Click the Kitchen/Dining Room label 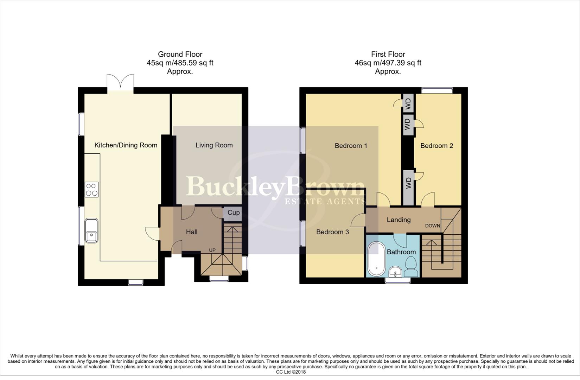pyautogui.click(x=126, y=145)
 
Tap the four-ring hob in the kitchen pyautogui.click(x=91, y=190)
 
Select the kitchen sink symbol pyautogui.click(x=91, y=230)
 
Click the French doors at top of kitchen pyautogui.click(x=120, y=82)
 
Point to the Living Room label pyautogui.click(x=214, y=145)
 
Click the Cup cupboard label pyautogui.click(x=234, y=213)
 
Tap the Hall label pyautogui.click(x=192, y=232)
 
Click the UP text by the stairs pyautogui.click(x=212, y=250)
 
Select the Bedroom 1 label pyautogui.click(x=351, y=146)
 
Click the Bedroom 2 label pyautogui.click(x=436, y=146)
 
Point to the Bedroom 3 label pyautogui.click(x=332, y=232)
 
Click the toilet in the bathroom pyautogui.click(x=411, y=267)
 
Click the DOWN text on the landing pyautogui.click(x=432, y=226)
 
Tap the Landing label pyautogui.click(x=399, y=220)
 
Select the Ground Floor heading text pyautogui.click(x=180, y=54)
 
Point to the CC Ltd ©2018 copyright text pyautogui.click(x=291, y=372)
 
